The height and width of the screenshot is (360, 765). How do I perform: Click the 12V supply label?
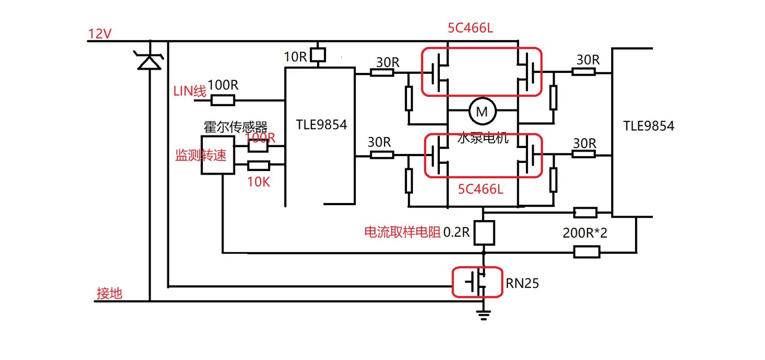tap(99, 34)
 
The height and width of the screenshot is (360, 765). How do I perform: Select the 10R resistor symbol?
tap(318, 55)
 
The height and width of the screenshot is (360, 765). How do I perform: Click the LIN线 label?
tap(189, 91)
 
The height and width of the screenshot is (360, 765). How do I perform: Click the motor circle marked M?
tap(482, 111)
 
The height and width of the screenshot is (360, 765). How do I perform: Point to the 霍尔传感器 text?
tap(235, 126)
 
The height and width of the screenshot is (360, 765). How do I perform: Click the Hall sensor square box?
tap(217, 155)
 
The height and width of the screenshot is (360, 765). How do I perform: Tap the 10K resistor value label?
tap(259, 182)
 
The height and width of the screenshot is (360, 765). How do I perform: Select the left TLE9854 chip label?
tap(321, 125)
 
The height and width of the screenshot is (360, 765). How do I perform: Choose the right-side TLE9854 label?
tap(648, 126)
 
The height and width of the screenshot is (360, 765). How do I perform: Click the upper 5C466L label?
tap(470, 28)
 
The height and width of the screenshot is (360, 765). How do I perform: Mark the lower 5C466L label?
tap(480, 189)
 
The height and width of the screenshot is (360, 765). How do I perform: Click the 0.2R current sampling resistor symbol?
tap(484, 233)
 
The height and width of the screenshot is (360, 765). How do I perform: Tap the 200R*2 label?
tap(585, 233)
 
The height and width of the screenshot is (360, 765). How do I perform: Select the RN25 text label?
tap(522, 283)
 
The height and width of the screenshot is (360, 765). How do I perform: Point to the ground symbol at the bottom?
tap(483, 315)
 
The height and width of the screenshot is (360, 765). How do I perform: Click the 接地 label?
tap(109, 293)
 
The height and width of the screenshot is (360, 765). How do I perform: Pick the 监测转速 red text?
tap(201, 156)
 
